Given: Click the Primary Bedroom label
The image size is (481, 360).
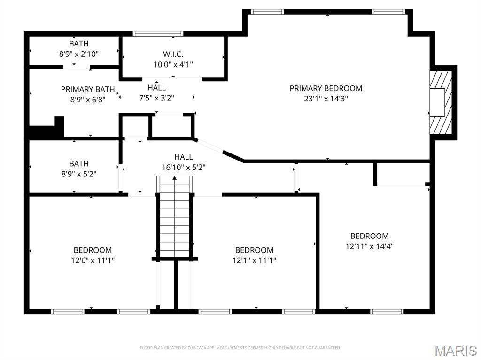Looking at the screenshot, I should pyautogui.click(x=326, y=88).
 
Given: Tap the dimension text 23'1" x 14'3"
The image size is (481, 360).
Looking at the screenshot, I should pyautogui.click(x=326, y=99).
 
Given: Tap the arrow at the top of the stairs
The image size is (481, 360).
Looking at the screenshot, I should pyautogui.click(x=174, y=178).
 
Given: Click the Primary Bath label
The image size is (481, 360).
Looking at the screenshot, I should pyautogui.click(x=88, y=89).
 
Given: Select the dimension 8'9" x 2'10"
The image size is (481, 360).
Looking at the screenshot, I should pyautogui.click(x=78, y=54).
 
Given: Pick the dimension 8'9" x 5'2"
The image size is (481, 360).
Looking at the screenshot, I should pyautogui.click(x=78, y=173).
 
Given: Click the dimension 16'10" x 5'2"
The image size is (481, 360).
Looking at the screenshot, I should pyautogui.click(x=183, y=167).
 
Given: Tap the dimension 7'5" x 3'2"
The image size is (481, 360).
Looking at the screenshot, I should pyautogui.click(x=156, y=98).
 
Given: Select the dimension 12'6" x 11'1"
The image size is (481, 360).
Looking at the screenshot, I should pyautogui.click(x=93, y=260).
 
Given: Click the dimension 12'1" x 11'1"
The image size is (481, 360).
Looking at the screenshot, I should pyautogui.click(x=254, y=260).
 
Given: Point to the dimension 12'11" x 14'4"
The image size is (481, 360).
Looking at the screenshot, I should pyautogui.click(x=369, y=246).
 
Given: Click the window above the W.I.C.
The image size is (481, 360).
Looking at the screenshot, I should pyautogui.click(x=158, y=34).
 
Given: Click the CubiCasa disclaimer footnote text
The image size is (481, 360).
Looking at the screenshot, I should pyautogui.click(x=240, y=348).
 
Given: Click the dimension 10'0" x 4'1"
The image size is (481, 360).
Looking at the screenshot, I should pyautogui.click(x=173, y=64).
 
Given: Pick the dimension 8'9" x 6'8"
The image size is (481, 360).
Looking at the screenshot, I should pyautogui.click(x=88, y=99).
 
